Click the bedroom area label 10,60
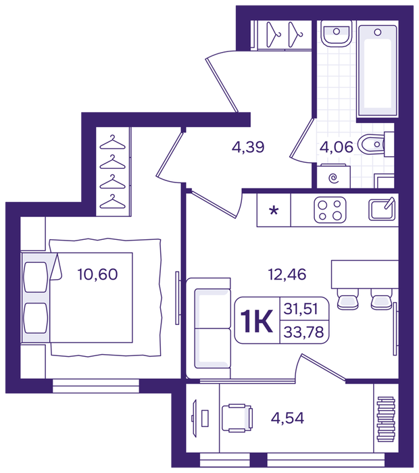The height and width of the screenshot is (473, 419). click(97, 274)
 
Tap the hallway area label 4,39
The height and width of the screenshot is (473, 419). click(248, 147)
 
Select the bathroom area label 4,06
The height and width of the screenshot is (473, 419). click(337, 147)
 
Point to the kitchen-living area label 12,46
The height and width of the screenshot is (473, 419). click(287, 274)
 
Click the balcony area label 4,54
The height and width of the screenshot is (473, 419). click(287, 418)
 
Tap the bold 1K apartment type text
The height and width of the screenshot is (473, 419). click(256, 322)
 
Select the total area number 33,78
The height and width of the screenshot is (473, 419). click(303, 332)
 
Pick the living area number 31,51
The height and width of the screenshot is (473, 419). click(301, 309)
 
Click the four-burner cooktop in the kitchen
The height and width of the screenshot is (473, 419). click(330, 210)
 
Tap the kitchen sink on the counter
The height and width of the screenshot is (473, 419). click(382, 209)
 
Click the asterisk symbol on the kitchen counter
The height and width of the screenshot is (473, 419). click(274, 210)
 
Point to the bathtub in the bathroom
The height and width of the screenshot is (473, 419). click(377, 71)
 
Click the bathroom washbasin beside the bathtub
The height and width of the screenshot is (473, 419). click(336, 33)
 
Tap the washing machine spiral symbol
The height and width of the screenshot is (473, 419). click(334, 178)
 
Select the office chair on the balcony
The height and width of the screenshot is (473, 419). click(237, 418)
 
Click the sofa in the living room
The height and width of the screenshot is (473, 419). click(208, 328)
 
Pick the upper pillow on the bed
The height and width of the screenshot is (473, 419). click(36, 277)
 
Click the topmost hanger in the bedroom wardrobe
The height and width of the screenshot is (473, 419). click(112, 142)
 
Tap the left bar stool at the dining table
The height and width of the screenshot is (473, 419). click(347, 299)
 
